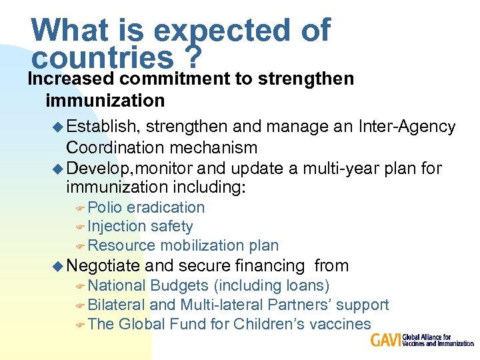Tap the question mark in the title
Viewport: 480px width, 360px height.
[193, 59]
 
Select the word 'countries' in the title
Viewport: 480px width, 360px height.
[102, 59]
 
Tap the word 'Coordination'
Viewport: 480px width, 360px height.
[114, 147]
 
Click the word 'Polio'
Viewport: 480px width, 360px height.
[105, 207]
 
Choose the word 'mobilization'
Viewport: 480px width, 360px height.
[198, 246]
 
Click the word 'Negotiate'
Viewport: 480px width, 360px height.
[103, 266]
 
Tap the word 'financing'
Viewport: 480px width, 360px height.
[269, 266]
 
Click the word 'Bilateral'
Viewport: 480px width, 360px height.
[117, 305]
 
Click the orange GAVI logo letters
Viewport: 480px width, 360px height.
[386, 341]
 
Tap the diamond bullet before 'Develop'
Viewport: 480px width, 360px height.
[58, 168]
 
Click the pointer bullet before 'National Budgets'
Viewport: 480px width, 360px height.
[80, 287]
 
